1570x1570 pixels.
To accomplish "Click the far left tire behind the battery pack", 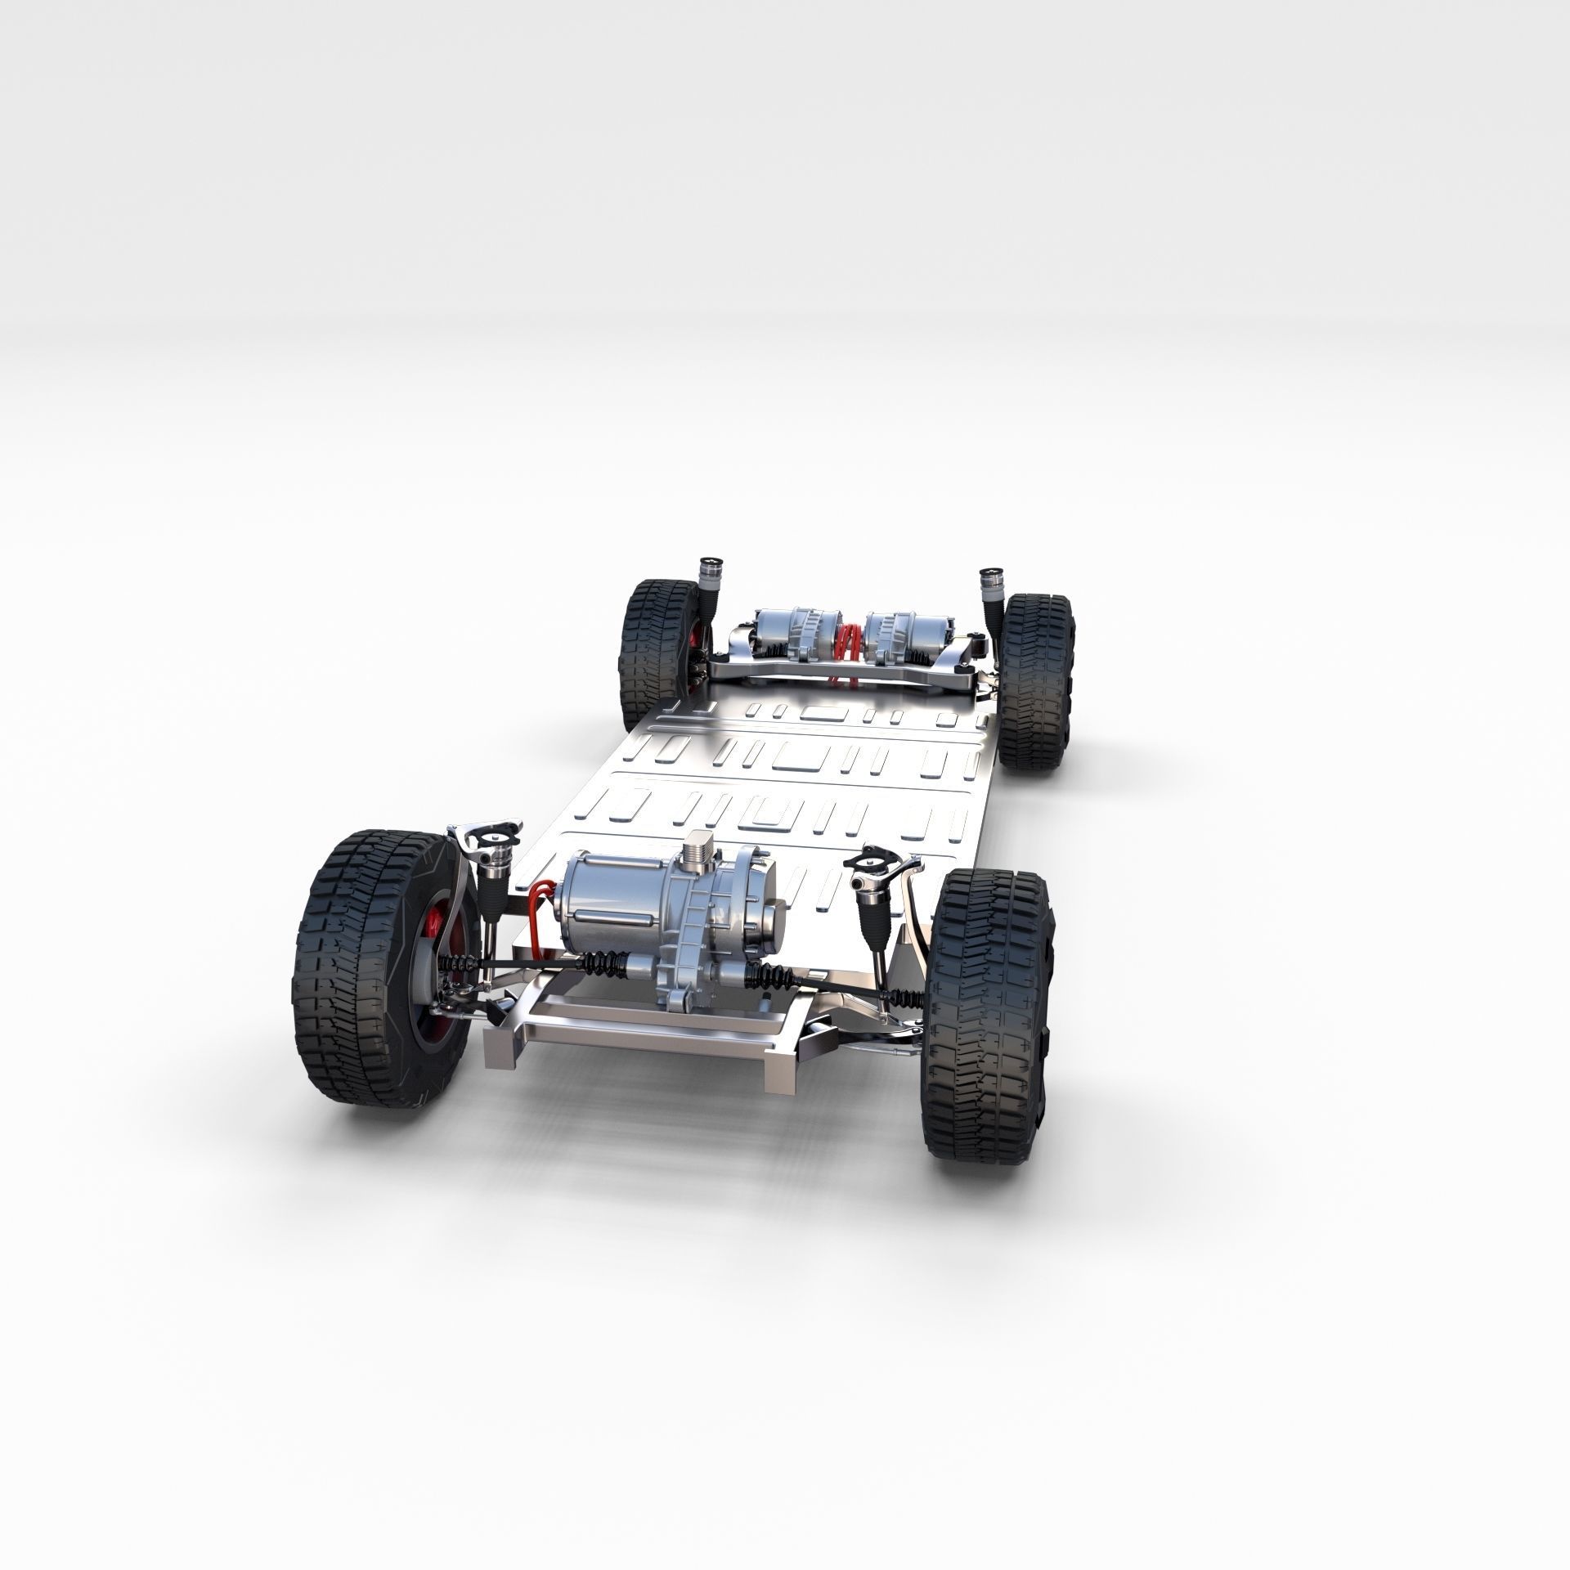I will [x=654, y=646].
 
